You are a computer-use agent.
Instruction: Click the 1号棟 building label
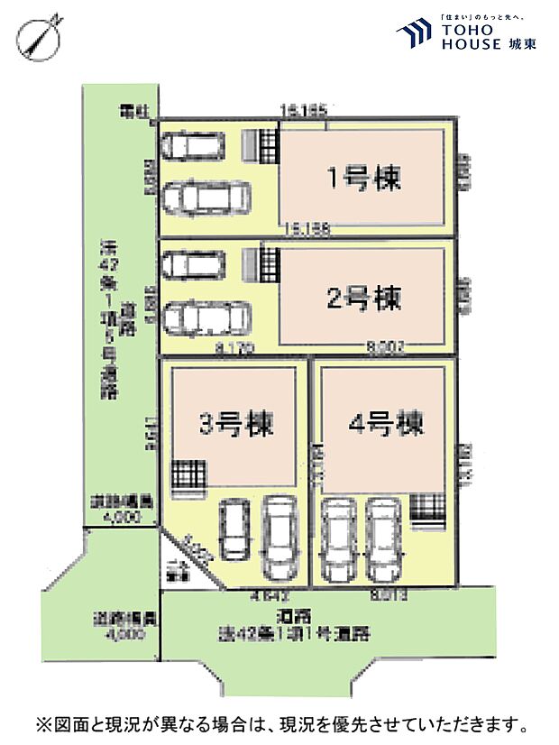[363, 179]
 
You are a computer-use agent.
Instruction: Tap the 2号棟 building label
[363, 296]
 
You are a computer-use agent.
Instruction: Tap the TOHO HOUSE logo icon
[416, 34]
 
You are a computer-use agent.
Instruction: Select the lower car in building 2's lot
[206, 318]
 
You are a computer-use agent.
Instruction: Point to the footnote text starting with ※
[279, 724]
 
